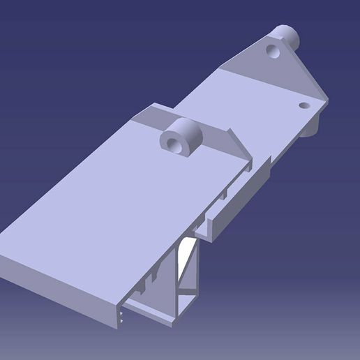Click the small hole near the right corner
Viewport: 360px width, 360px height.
303,105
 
